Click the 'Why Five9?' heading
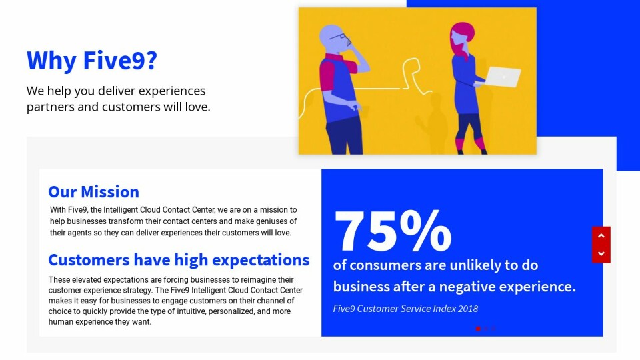pos(92,61)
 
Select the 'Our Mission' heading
pos(94,192)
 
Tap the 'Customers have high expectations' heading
pos(179,260)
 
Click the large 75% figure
pos(393,231)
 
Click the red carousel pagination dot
pos(478,329)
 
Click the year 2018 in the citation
pos(468,309)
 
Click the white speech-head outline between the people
pos(414,75)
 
